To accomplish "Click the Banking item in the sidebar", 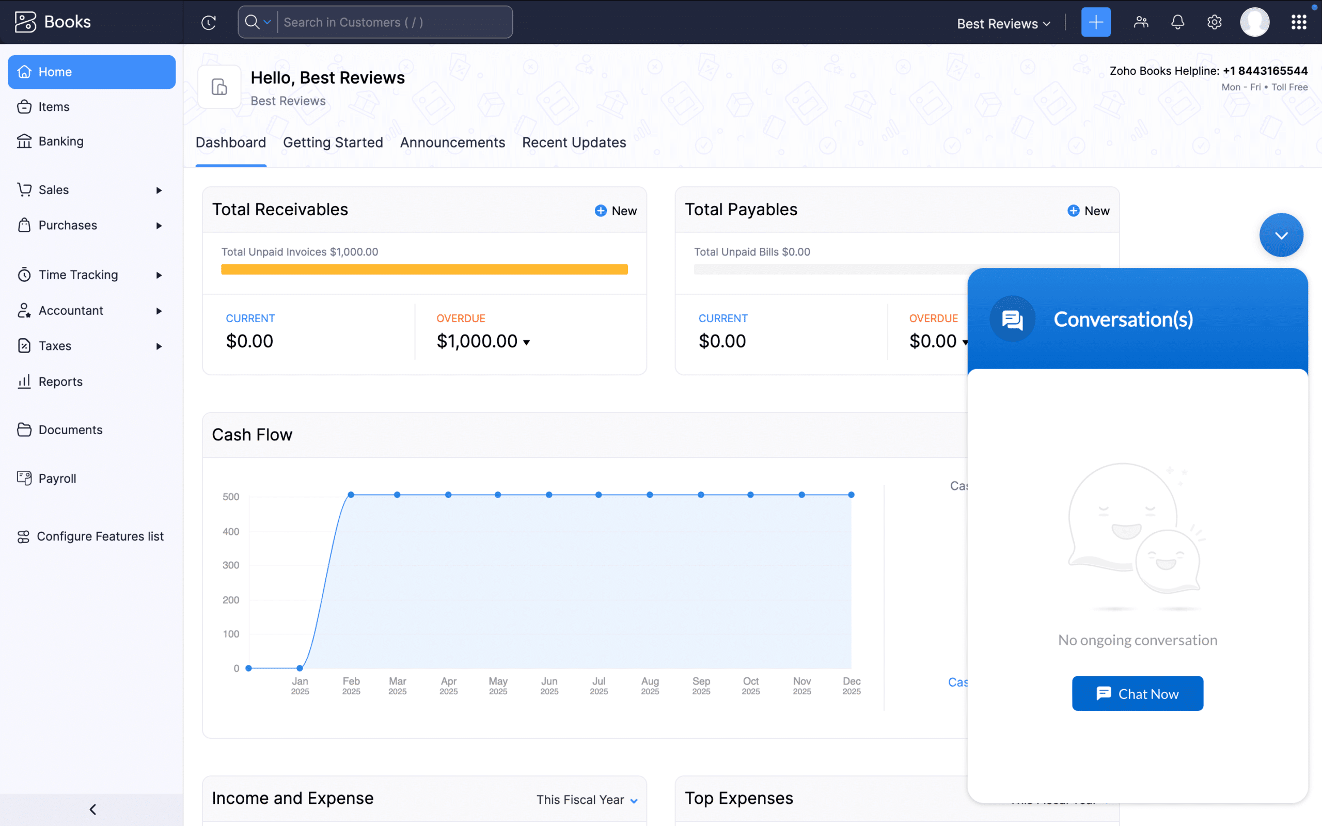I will [x=60, y=141].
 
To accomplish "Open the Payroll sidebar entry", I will [x=57, y=478].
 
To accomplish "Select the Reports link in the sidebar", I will [x=60, y=382].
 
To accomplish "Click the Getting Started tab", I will [x=333, y=142].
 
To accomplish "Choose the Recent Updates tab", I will [x=574, y=142].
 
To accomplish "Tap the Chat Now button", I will [x=1137, y=693].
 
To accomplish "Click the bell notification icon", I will [x=1177, y=22].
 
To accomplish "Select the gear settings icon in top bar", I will [x=1214, y=22].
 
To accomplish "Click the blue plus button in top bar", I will [x=1095, y=22].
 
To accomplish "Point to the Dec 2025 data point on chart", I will [x=851, y=495].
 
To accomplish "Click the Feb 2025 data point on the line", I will [x=351, y=495].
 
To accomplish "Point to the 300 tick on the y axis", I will [x=230, y=565].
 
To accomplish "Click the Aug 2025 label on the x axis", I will [x=650, y=685].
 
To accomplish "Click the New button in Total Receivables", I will [x=616, y=211].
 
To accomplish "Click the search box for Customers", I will [x=394, y=22].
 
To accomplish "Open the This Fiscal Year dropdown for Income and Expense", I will [x=587, y=800].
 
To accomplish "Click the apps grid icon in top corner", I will [x=1299, y=22].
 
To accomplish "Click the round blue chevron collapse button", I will [x=1281, y=235].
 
